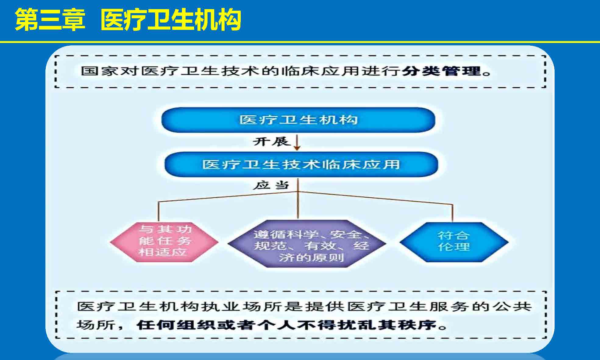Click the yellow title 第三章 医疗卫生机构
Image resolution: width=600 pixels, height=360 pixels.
128,20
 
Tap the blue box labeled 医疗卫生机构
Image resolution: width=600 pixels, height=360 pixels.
298,120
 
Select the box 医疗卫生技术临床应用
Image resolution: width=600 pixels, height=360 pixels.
301,164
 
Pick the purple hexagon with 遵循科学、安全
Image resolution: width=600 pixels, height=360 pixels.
307,244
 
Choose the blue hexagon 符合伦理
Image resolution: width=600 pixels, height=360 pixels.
454,242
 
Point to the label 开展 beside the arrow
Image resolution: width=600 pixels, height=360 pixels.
271,142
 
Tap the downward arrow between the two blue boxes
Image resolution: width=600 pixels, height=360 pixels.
297,142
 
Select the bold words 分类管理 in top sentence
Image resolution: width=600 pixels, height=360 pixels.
441,72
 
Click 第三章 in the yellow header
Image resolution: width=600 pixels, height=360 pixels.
50,20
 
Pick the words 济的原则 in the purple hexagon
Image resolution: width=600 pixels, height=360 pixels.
311,257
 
